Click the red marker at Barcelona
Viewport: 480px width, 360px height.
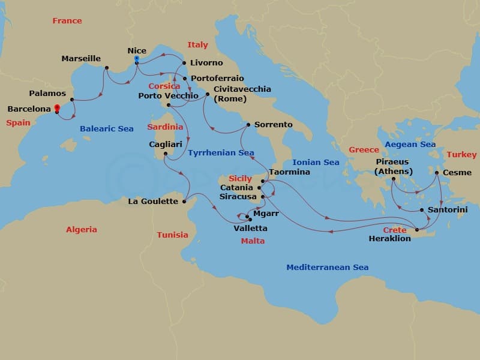point(56,108)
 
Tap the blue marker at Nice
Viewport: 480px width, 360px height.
point(137,59)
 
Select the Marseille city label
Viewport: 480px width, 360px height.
point(81,59)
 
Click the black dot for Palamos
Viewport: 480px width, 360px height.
point(71,100)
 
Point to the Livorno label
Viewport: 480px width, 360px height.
point(206,62)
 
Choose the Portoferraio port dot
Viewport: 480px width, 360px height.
point(185,79)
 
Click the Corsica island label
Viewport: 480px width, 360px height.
point(164,86)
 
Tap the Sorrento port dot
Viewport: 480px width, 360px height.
point(248,125)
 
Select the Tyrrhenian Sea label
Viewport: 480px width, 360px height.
point(221,153)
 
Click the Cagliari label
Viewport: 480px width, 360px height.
point(166,145)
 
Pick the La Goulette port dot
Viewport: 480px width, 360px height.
point(185,201)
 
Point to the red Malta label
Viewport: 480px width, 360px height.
point(252,241)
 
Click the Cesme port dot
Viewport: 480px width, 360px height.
point(437,173)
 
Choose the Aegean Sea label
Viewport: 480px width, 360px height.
point(410,145)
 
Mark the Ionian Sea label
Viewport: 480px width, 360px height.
point(316,163)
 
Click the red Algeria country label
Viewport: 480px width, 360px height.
point(81,230)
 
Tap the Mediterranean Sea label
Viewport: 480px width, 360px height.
point(327,267)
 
